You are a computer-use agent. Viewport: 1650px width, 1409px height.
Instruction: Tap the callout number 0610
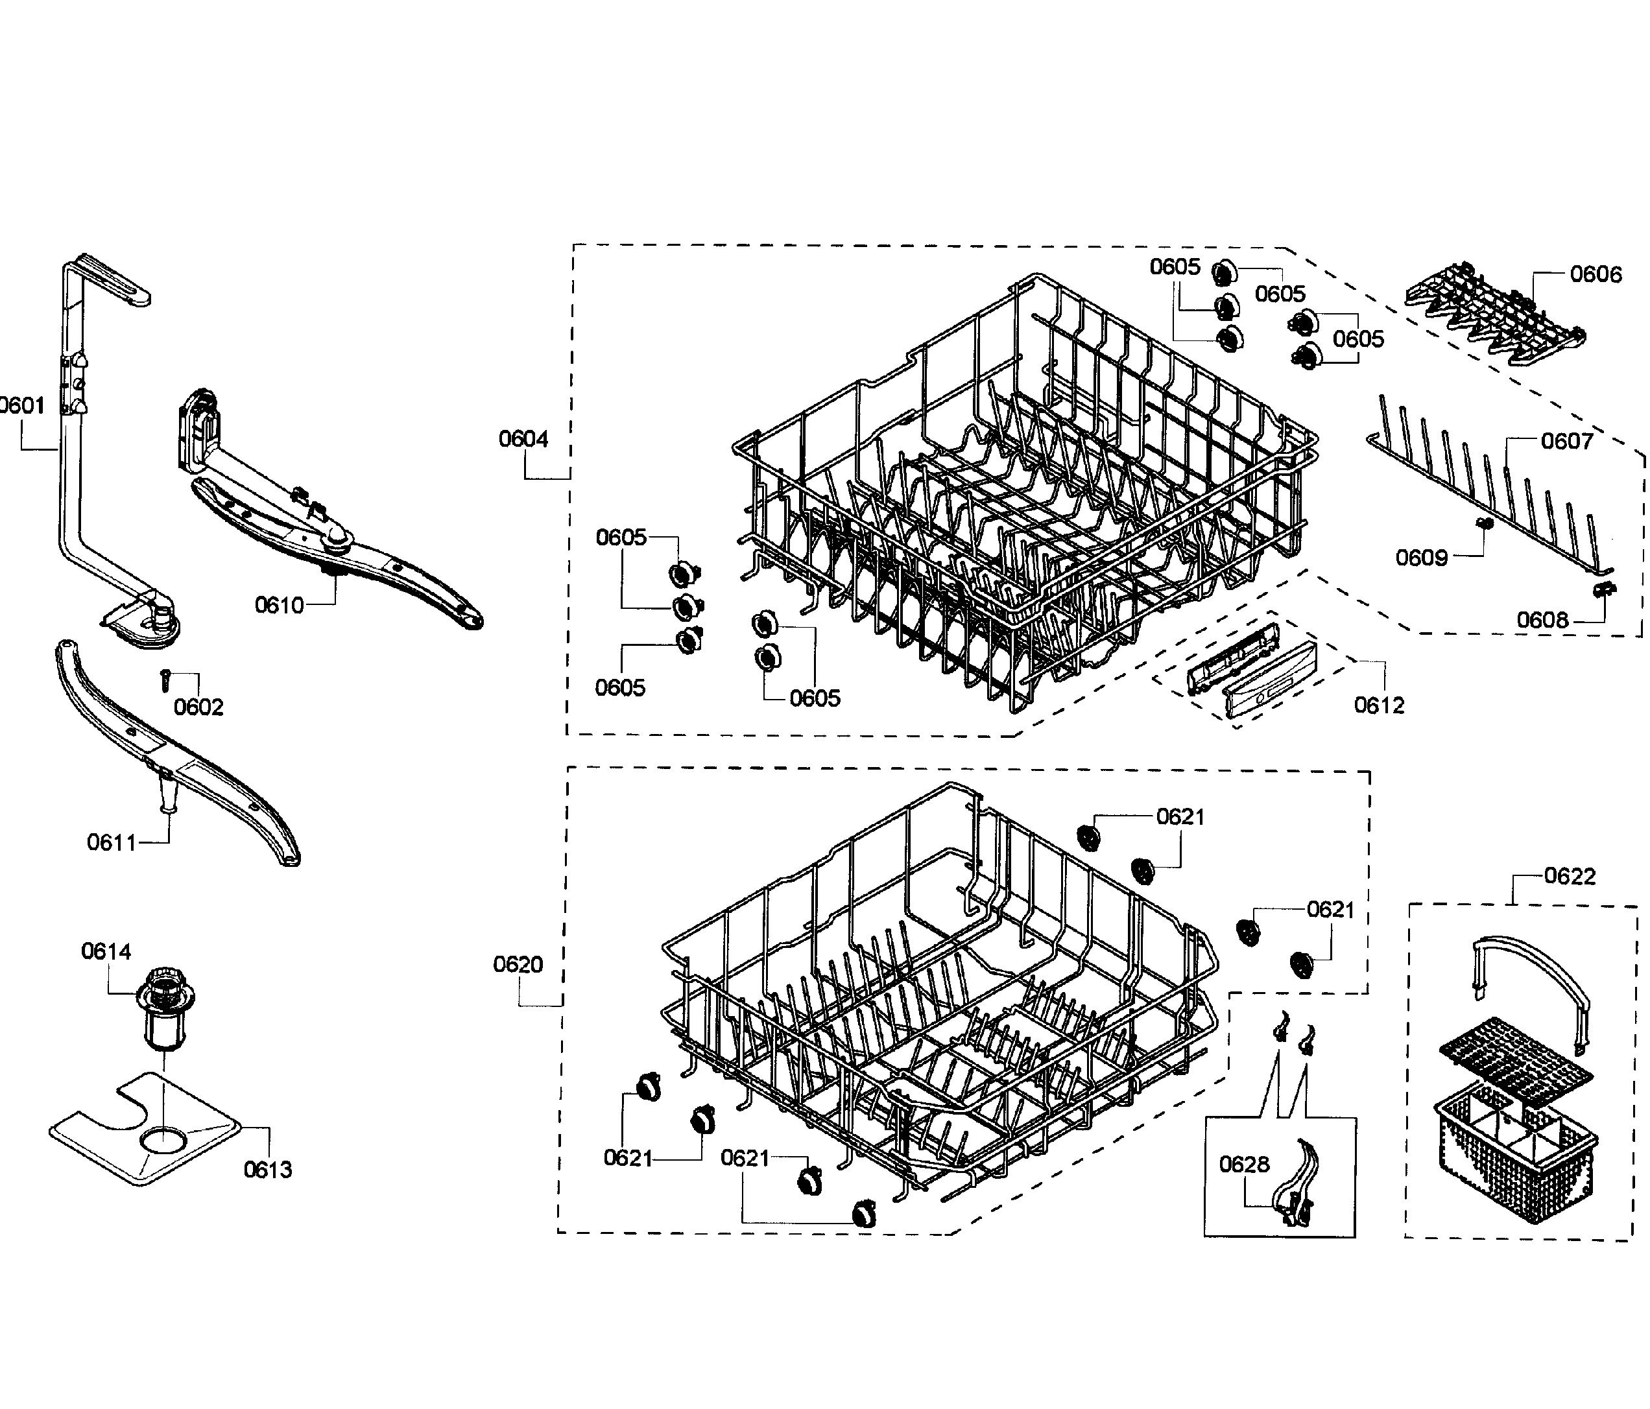[279, 606]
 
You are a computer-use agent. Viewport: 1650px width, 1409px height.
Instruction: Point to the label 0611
[112, 842]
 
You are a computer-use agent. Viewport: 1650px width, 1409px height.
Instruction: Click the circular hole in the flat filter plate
[161, 1141]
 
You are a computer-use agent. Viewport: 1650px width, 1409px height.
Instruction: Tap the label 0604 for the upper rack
[523, 438]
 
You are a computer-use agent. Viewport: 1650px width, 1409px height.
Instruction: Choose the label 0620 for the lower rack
[518, 965]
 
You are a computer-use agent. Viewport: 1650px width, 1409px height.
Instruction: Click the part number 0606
[1596, 275]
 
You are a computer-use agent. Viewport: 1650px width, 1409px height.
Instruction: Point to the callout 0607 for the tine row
[1566, 441]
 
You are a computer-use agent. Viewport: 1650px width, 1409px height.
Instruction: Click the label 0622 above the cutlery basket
[1570, 877]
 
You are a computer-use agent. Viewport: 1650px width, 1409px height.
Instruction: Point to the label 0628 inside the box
[1244, 1165]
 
